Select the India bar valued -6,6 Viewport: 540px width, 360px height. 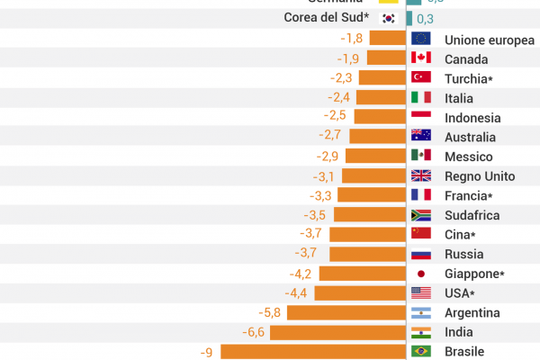click(337, 332)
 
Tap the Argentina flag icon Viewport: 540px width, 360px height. click(421, 312)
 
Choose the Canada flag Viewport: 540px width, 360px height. click(421, 58)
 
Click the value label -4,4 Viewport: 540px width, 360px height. click(297, 293)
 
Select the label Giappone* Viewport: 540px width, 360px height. click(474, 274)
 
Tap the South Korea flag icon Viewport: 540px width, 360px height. click(389, 18)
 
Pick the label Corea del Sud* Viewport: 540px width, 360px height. click(327, 18)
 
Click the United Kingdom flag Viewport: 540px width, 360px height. click(421, 175)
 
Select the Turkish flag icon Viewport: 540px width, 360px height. click(421, 77)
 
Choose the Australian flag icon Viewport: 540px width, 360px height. click(421, 136)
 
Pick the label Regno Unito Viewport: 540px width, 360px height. click(480, 176)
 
